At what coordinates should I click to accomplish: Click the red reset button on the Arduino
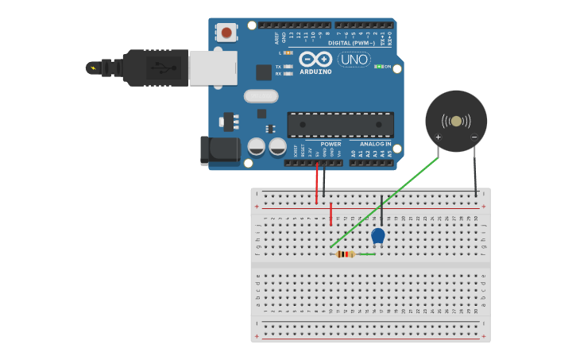coord(227,33)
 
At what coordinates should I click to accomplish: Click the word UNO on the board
coord(354,60)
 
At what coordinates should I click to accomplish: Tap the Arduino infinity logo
coord(315,60)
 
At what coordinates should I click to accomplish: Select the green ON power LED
coord(379,67)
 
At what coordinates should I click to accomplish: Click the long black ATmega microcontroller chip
coord(340,124)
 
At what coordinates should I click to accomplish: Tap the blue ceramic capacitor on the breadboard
coord(378,235)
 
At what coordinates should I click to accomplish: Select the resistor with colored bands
coord(345,254)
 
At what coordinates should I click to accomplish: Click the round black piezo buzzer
coord(456,121)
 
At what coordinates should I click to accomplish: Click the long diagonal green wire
coord(385,202)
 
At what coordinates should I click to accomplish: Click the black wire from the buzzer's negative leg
coord(475,171)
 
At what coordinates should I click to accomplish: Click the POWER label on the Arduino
coord(331,145)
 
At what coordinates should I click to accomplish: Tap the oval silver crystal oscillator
coord(261,96)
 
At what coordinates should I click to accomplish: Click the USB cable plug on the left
coord(151,67)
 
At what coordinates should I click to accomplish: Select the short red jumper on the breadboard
coord(331,214)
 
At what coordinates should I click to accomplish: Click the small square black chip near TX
coord(264,72)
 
